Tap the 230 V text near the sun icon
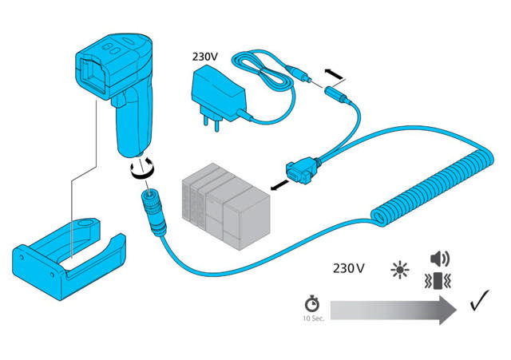(x=349, y=268)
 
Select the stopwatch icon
(x=311, y=305)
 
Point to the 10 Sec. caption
(x=312, y=320)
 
